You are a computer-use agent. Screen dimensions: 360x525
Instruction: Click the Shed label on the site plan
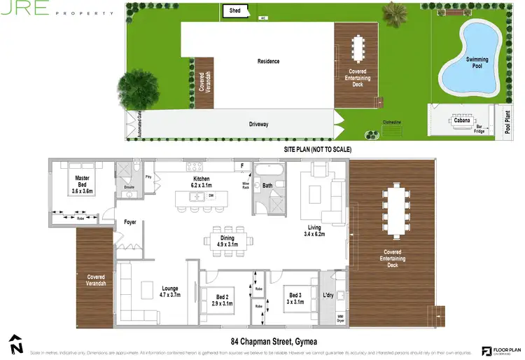click(232, 11)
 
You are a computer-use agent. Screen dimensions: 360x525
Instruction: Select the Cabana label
click(461, 120)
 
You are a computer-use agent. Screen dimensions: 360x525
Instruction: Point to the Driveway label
click(259, 124)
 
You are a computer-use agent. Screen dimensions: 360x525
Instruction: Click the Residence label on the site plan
click(268, 61)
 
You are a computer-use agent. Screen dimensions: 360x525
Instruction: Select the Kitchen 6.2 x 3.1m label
click(202, 183)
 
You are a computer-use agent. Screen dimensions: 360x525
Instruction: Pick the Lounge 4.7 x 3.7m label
click(169, 292)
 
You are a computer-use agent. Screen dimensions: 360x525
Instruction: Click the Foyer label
click(130, 223)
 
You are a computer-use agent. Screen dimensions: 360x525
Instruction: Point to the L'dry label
click(328, 293)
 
